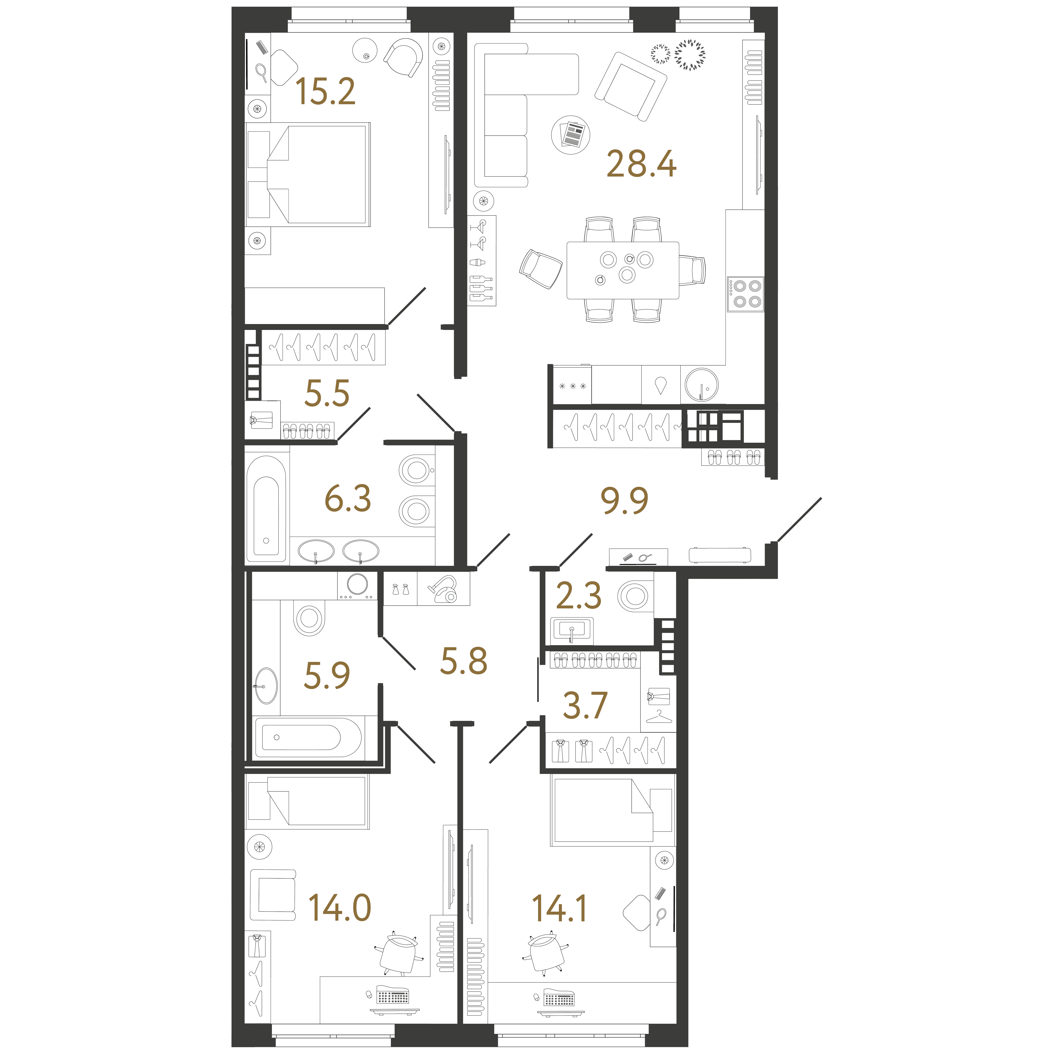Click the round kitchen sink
[x=702, y=385]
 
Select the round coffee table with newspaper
[x=571, y=135]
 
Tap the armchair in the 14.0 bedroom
[x=273, y=895]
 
